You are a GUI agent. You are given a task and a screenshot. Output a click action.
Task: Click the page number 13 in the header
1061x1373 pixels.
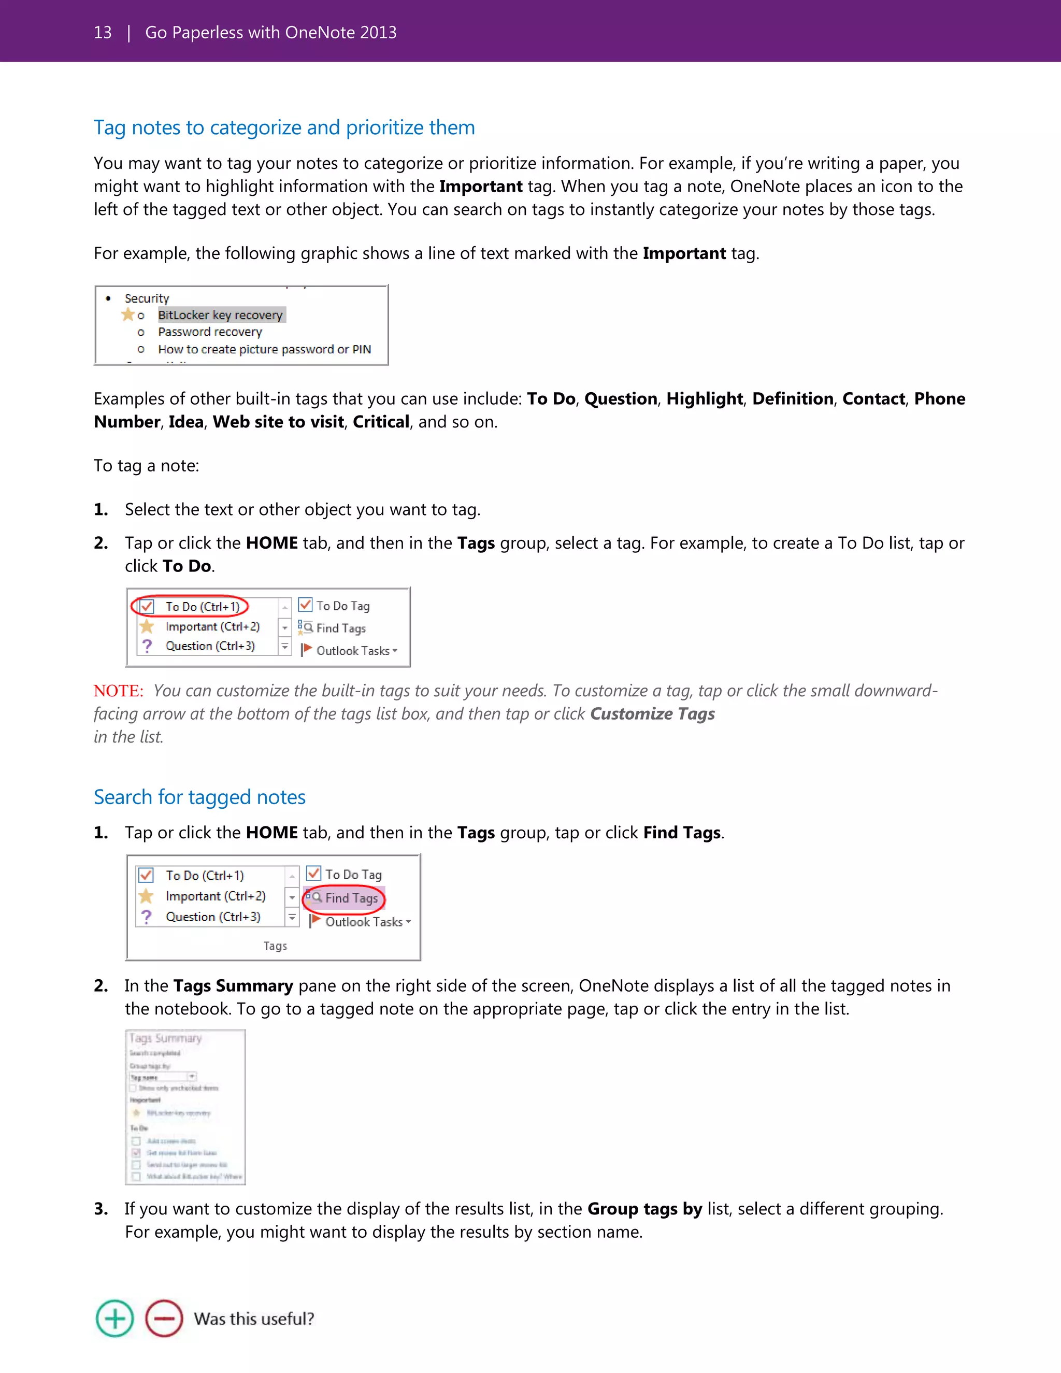coord(103,33)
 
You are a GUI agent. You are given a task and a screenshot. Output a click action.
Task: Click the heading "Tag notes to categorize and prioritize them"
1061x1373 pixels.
coord(284,127)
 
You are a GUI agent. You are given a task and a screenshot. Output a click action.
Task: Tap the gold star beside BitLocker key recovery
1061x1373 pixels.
coord(127,314)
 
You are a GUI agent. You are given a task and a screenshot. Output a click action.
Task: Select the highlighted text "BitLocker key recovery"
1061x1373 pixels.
coord(220,315)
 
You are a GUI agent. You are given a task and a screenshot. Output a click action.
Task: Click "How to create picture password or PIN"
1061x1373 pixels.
coord(264,350)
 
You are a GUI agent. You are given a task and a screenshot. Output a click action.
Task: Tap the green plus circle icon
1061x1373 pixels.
coord(114,1318)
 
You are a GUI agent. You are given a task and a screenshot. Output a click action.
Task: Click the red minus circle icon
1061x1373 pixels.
coord(164,1318)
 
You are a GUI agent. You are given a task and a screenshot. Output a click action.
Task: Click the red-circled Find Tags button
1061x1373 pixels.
coord(345,898)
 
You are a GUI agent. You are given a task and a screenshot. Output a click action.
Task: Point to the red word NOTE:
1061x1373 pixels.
coord(118,691)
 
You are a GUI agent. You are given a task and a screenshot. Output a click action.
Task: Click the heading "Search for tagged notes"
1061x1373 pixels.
coord(199,797)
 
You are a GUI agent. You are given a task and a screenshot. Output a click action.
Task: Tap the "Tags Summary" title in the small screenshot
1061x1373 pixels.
coord(165,1038)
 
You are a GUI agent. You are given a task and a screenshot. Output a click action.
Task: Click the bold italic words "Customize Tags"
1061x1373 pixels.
coord(652,714)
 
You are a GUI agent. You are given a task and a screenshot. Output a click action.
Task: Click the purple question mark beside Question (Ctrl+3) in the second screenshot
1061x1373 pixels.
coord(147,917)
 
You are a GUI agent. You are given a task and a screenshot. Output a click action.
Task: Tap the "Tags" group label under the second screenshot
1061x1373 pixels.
coord(275,946)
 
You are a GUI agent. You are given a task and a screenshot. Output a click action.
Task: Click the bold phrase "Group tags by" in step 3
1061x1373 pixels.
coord(644,1209)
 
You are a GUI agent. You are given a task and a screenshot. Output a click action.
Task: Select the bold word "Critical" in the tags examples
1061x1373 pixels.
coord(381,422)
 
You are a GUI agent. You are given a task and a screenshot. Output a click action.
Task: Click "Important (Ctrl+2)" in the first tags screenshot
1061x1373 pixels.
coord(212,627)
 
